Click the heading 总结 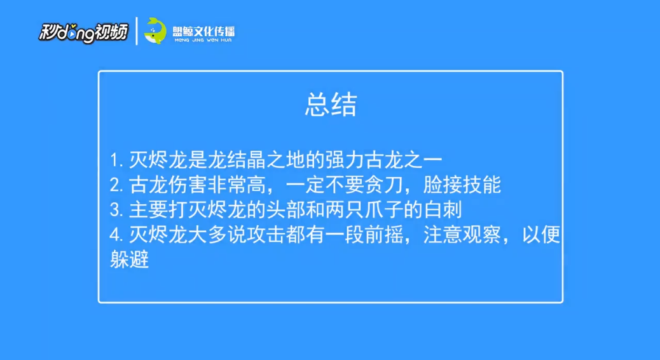point(331,104)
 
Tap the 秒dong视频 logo point(83,32)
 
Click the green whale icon point(155,31)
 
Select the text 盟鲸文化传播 point(203,31)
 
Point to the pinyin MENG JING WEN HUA point(203,40)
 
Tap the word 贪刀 point(383,185)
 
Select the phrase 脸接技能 point(462,185)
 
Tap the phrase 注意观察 point(462,235)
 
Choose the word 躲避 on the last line point(129,260)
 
